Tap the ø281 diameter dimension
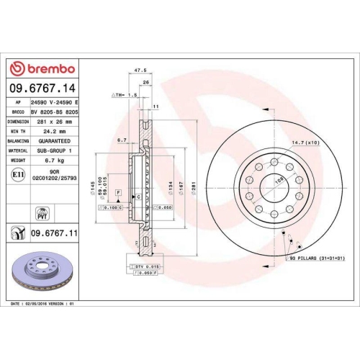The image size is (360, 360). point(192,187)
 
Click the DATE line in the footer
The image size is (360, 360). point(43,305)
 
